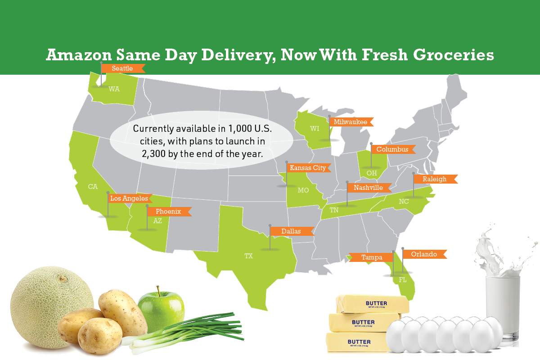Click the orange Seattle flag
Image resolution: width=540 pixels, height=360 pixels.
(x=122, y=68)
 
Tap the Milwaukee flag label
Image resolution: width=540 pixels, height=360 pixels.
(x=351, y=122)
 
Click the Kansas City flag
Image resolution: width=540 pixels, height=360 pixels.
(x=308, y=168)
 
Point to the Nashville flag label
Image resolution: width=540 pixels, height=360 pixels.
(x=368, y=188)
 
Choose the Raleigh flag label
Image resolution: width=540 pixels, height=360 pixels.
(x=434, y=179)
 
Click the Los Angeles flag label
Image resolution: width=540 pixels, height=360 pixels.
(x=129, y=198)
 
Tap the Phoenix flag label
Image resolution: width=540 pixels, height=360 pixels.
(x=168, y=211)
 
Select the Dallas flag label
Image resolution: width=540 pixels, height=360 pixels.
(x=291, y=231)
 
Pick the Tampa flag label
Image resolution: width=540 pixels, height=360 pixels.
(x=372, y=257)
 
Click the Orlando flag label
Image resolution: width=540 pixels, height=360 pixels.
(x=424, y=254)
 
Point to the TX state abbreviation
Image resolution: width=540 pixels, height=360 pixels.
(x=248, y=256)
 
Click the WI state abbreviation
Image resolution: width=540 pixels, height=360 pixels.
(x=315, y=129)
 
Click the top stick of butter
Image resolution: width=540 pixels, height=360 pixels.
(x=373, y=304)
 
